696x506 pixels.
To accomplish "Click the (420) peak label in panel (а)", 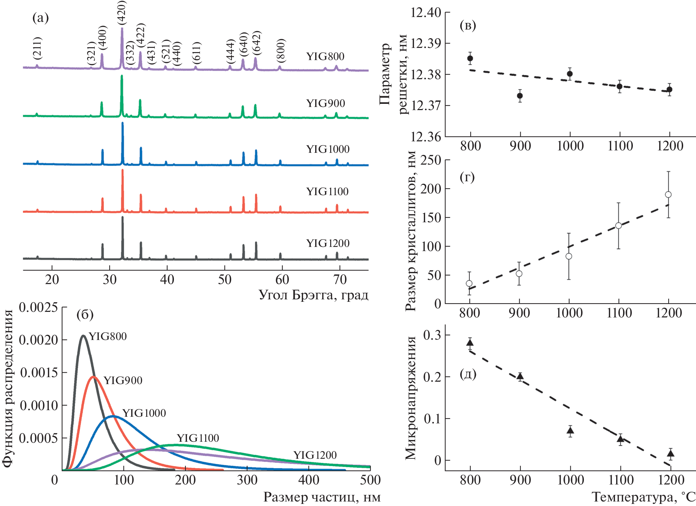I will [121, 13].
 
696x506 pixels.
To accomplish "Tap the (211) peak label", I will [37, 47].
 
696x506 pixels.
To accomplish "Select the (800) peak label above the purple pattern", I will [281, 49].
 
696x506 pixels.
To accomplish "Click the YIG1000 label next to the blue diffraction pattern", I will [328, 149].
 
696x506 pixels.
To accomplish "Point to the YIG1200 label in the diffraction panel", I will [328, 243].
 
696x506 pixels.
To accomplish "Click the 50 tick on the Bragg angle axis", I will [225, 280].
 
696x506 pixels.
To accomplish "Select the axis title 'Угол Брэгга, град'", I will [313, 295].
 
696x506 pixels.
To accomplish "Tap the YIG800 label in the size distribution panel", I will [108, 336].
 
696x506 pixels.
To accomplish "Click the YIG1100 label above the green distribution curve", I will [198, 438].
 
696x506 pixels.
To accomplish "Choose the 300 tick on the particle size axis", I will [247, 480].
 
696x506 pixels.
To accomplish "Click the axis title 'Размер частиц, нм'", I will [322, 497].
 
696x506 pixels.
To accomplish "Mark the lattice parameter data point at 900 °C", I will [520, 96].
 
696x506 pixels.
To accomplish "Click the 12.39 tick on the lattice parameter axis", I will [426, 44].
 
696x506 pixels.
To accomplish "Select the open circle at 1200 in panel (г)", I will [668, 194].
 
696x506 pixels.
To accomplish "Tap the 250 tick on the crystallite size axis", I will [430, 160].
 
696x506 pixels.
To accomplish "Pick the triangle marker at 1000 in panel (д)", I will [570, 431].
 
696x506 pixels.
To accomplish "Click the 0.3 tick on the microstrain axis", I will [432, 335].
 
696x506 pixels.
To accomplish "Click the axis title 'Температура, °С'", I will [643, 497].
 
